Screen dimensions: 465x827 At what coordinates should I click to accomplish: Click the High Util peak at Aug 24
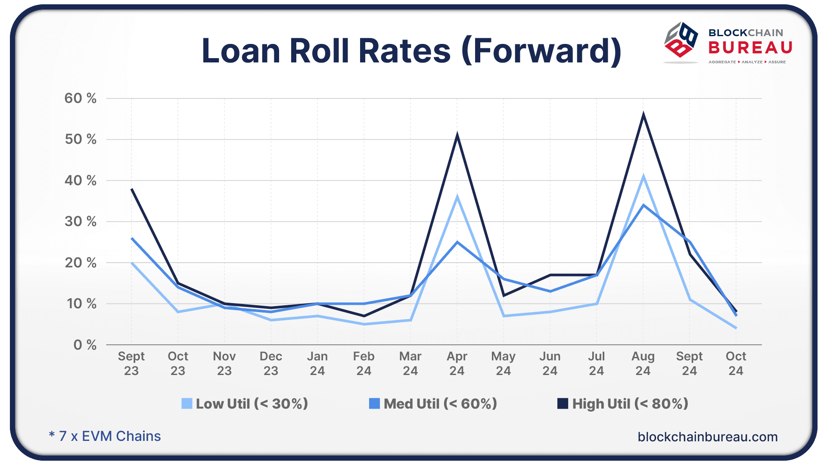[x=643, y=115]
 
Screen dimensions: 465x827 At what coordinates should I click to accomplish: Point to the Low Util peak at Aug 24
[x=643, y=177]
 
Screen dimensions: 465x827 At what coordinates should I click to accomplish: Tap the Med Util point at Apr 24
[x=457, y=242]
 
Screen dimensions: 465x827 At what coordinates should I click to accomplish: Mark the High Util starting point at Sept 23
[x=131, y=189]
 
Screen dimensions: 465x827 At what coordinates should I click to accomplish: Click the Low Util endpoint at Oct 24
[x=736, y=328]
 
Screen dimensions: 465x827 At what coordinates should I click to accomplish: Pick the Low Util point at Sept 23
[x=131, y=263]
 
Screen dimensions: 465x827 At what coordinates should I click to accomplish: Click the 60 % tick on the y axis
[x=81, y=98]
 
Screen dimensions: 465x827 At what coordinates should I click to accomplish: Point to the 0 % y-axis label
[x=85, y=345]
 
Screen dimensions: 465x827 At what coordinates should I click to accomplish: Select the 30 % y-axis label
[x=81, y=221]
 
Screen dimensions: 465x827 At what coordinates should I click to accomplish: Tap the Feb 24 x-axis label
[x=364, y=363]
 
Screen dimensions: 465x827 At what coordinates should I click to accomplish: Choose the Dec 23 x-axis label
[x=270, y=363]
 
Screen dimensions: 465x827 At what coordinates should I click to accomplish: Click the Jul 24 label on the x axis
[x=596, y=363]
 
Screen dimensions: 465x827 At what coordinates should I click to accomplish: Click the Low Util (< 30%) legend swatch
[x=187, y=403]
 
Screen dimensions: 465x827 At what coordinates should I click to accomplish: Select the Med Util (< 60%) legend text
[x=440, y=403]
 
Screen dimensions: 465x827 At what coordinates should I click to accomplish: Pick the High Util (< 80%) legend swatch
[x=563, y=403]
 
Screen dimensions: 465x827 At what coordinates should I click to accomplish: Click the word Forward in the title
[x=541, y=51]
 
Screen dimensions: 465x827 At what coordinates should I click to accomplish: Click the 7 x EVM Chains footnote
[x=105, y=436]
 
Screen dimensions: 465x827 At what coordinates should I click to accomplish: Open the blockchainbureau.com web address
[x=707, y=437]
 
